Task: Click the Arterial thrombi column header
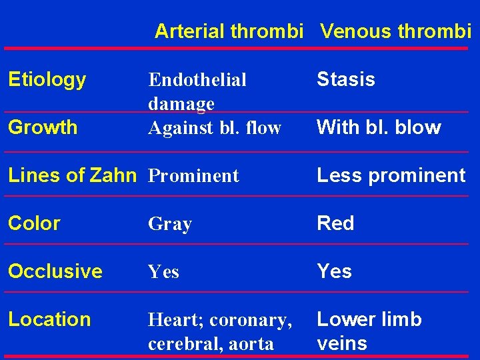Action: tap(229, 31)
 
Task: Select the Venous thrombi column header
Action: tap(395, 31)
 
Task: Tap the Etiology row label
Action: tap(47, 80)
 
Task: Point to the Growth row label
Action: tap(43, 127)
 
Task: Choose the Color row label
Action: tap(34, 223)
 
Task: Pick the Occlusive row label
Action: tap(55, 271)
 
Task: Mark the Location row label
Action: tap(49, 319)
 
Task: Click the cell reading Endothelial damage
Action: tap(197, 91)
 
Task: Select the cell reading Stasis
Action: tap(345, 79)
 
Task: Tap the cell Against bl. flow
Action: tap(215, 128)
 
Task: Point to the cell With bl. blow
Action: tap(379, 127)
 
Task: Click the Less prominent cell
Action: tap(391, 175)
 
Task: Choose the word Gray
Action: tap(170, 225)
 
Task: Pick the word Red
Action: tap(335, 223)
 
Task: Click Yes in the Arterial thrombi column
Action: tap(163, 272)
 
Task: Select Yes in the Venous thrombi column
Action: tap(334, 271)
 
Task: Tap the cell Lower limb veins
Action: tap(369, 331)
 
